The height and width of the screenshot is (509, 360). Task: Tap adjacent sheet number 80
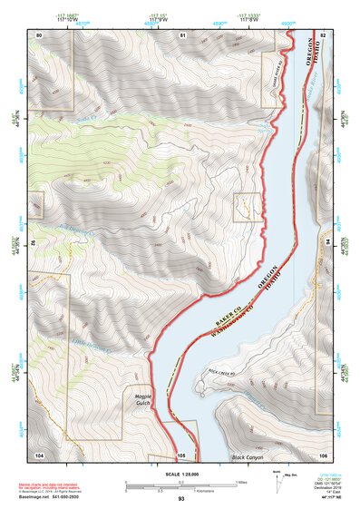pyautogui.click(x=39, y=34)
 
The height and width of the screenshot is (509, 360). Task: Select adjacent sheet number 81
pyautogui.click(x=182, y=34)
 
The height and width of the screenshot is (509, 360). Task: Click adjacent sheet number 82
pyautogui.click(x=322, y=34)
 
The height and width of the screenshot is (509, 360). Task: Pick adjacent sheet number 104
pyautogui.click(x=39, y=454)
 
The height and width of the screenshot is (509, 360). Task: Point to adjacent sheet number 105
pyautogui.click(x=181, y=454)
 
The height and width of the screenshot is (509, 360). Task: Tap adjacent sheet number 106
pyautogui.click(x=322, y=454)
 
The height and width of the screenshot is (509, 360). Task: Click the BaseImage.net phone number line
pyautogui.click(x=56, y=495)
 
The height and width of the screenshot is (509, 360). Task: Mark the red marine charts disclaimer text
pyautogui.click(x=54, y=484)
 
